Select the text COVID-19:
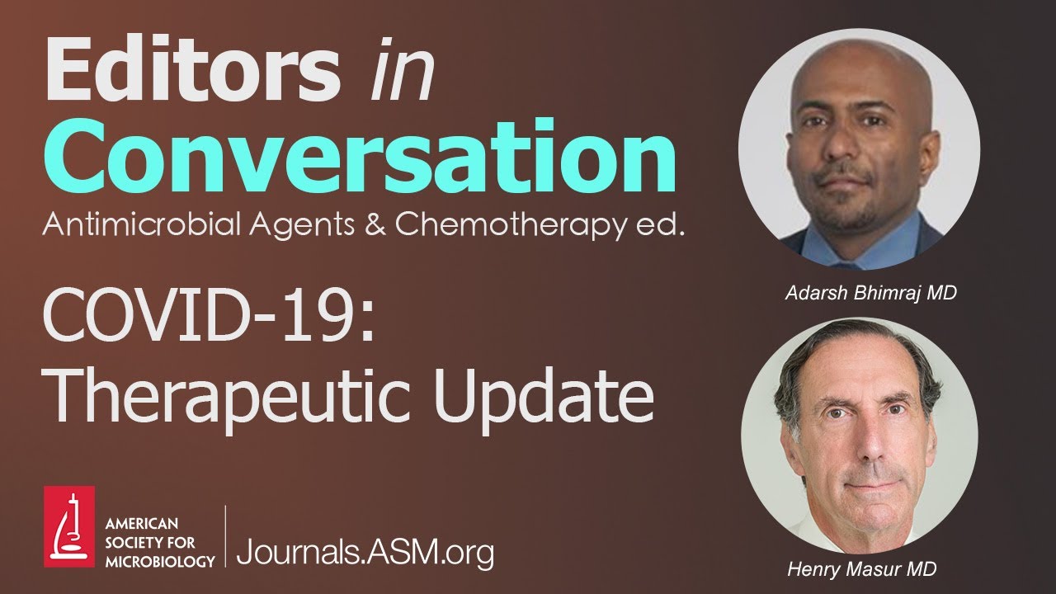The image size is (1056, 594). [210, 318]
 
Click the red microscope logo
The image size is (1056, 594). [69, 526]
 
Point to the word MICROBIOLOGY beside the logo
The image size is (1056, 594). [160, 561]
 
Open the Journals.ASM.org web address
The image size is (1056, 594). [365, 550]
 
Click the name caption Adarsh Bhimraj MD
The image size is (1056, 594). [870, 293]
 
